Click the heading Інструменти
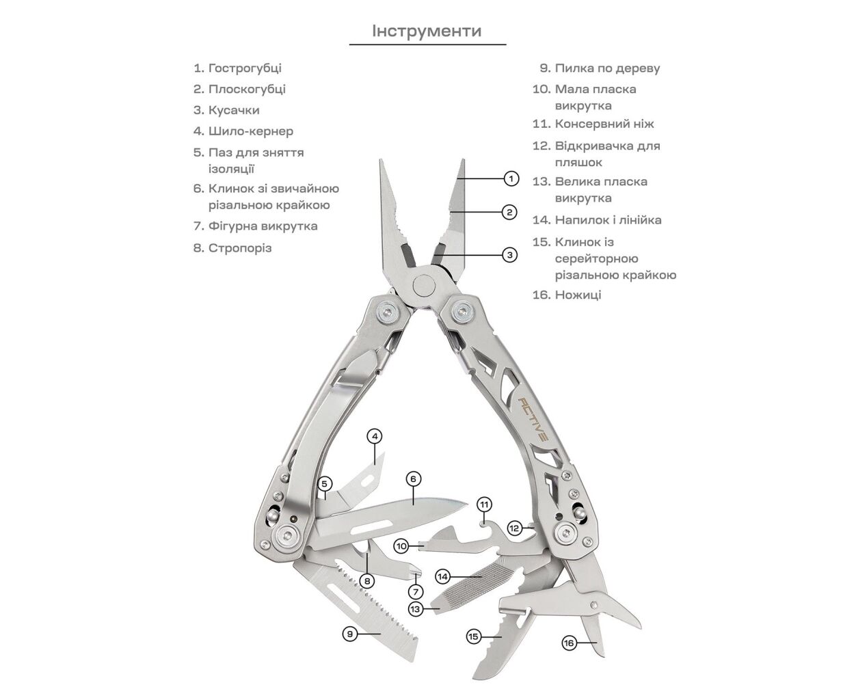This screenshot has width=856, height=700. pos(427,31)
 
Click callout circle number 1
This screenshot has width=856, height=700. pos(511,179)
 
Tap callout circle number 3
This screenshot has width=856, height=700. pos(509,255)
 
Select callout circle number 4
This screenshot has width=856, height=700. pos(374,435)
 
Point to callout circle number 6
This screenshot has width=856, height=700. pos(413,479)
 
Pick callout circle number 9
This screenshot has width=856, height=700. pos(349,634)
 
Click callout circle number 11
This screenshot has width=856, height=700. pos(485,505)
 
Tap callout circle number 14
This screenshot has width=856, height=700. pos(443,576)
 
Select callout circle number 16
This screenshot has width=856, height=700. pos(569,643)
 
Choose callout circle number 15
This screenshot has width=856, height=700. pos(474,636)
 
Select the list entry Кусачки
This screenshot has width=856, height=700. pos(233,110)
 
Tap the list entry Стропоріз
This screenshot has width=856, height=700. pos(239,248)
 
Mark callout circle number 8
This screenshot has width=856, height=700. pos(367,581)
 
